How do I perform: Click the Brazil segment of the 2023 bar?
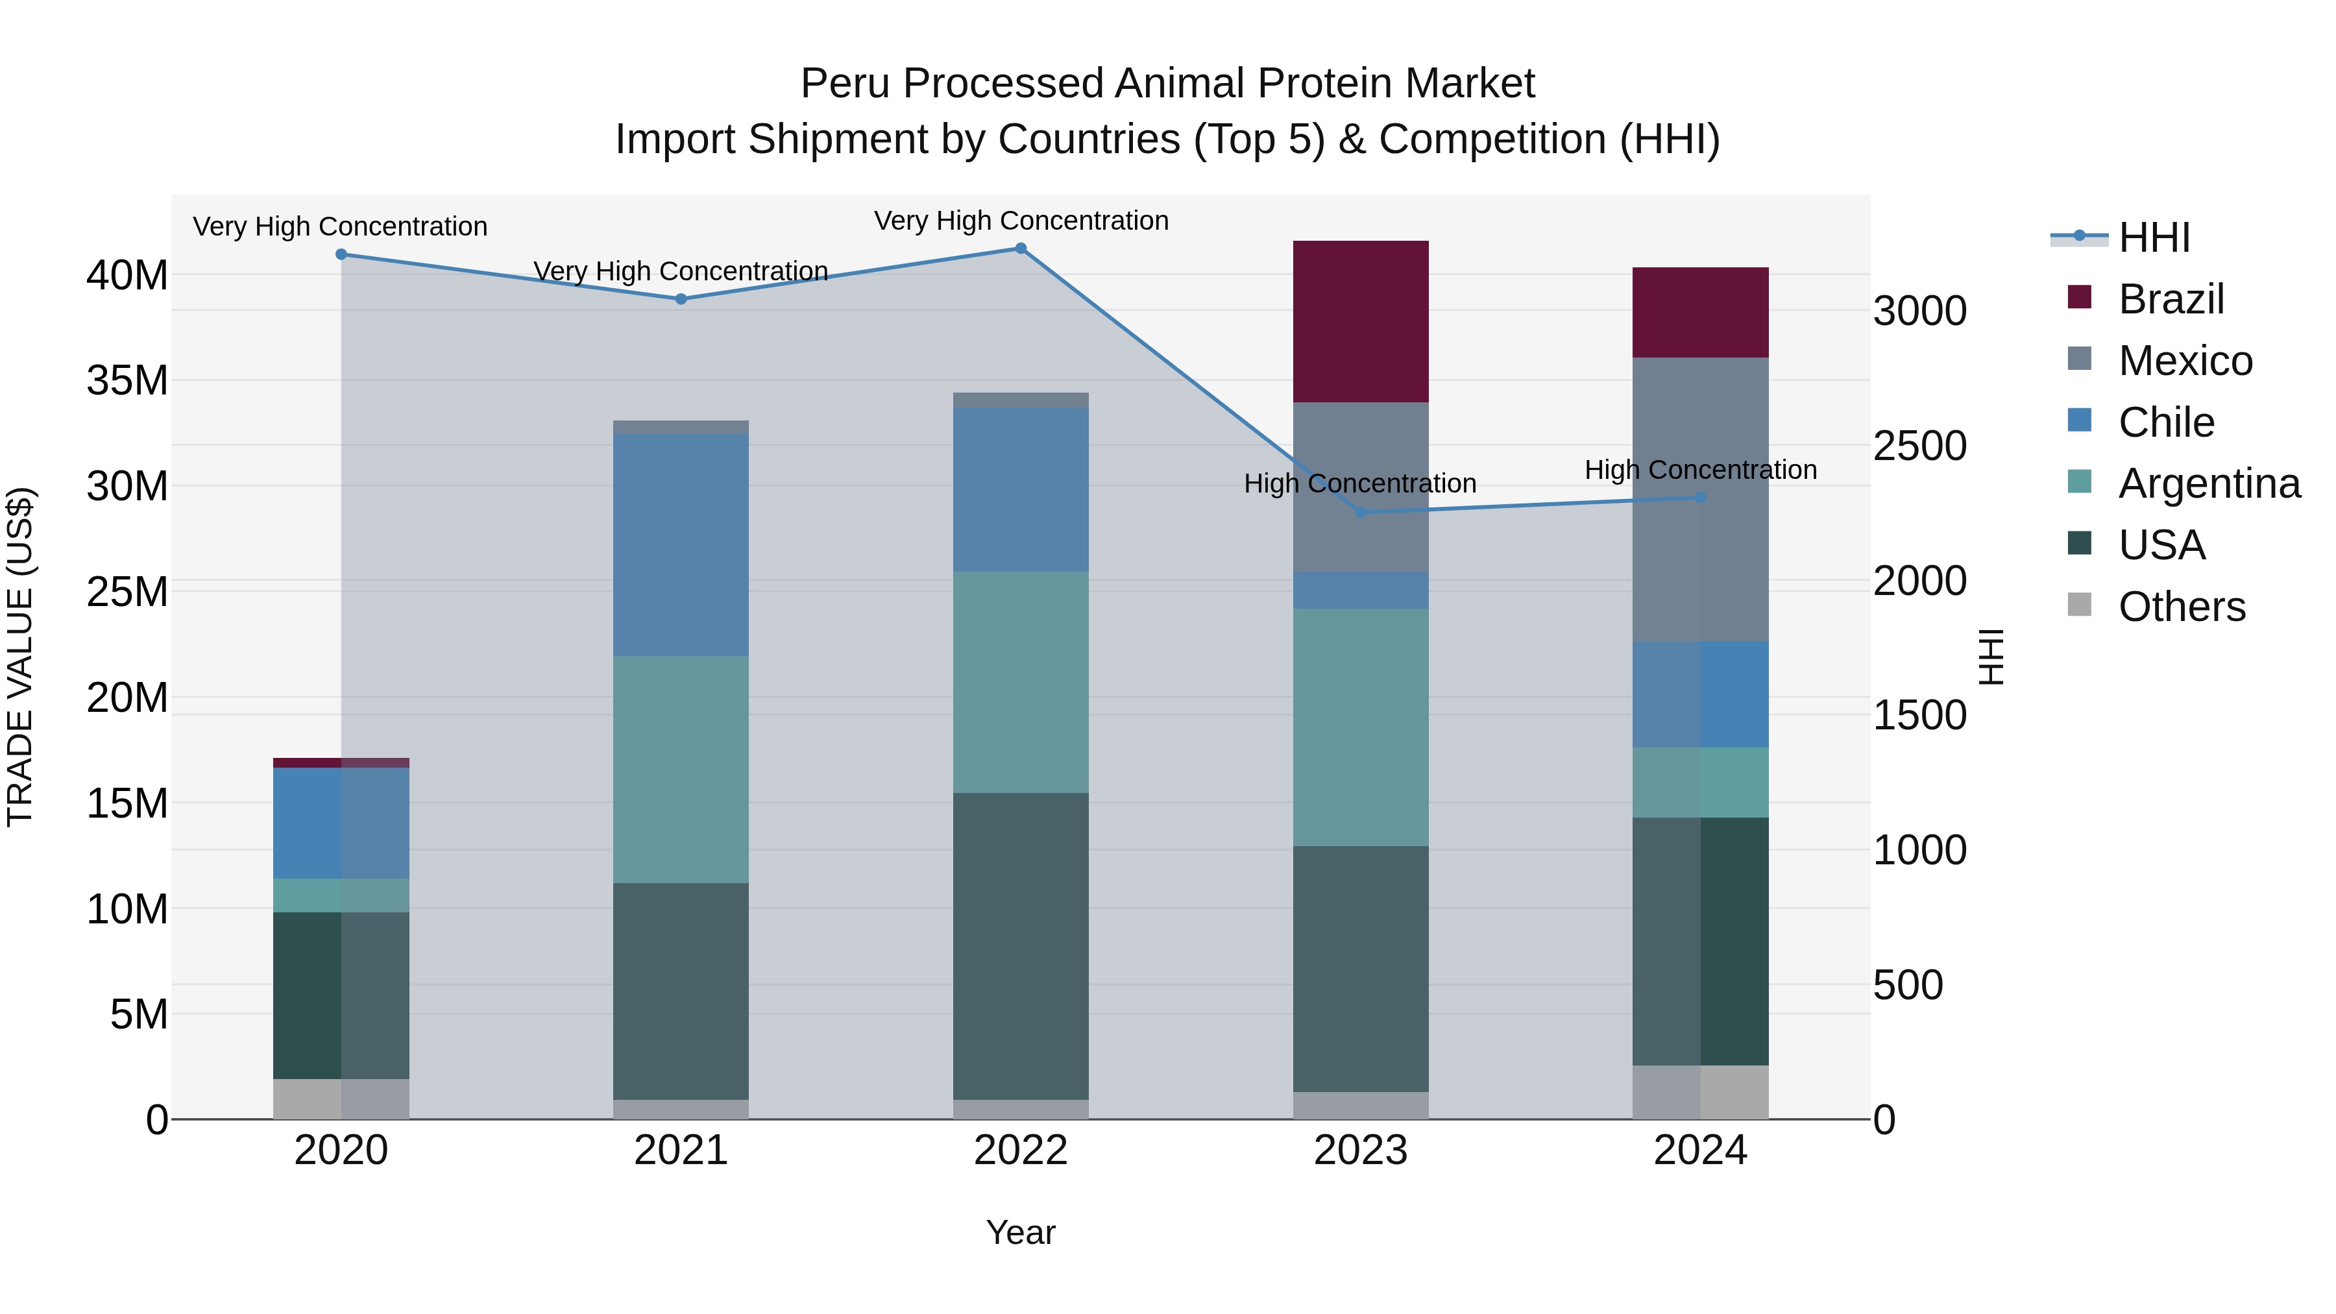[x=1360, y=321]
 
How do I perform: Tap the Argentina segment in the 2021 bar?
[x=681, y=769]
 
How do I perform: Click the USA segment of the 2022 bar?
[x=1020, y=946]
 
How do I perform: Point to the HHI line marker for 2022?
[x=1020, y=249]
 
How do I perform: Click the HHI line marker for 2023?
[x=1360, y=513]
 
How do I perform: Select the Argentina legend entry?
[x=2208, y=483]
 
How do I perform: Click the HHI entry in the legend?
[x=2154, y=237]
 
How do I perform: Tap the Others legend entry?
[x=2181, y=607]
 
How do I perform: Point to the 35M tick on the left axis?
[x=127, y=380]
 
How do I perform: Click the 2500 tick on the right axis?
[x=1920, y=446]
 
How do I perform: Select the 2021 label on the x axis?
[x=681, y=1150]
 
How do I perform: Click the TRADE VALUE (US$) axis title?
[x=20, y=657]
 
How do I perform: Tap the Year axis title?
[x=1020, y=1232]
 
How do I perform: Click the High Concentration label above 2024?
[x=1700, y=470]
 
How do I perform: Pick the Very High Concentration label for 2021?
[x=681, y=271]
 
